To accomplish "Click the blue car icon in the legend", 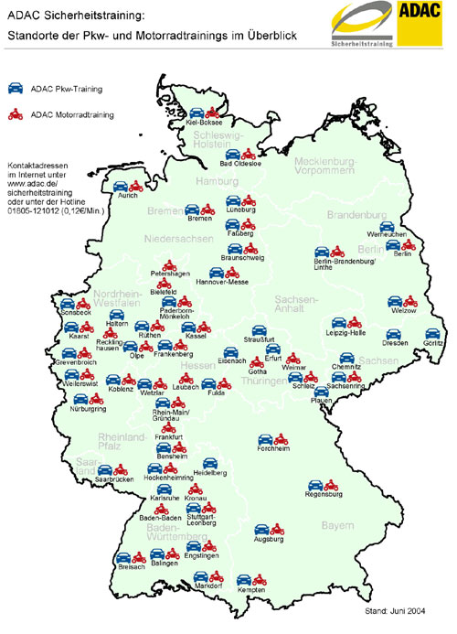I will [x=16, y=89].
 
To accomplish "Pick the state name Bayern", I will [x=336, y=525].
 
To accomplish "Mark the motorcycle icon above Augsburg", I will [x=275, y=528].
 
